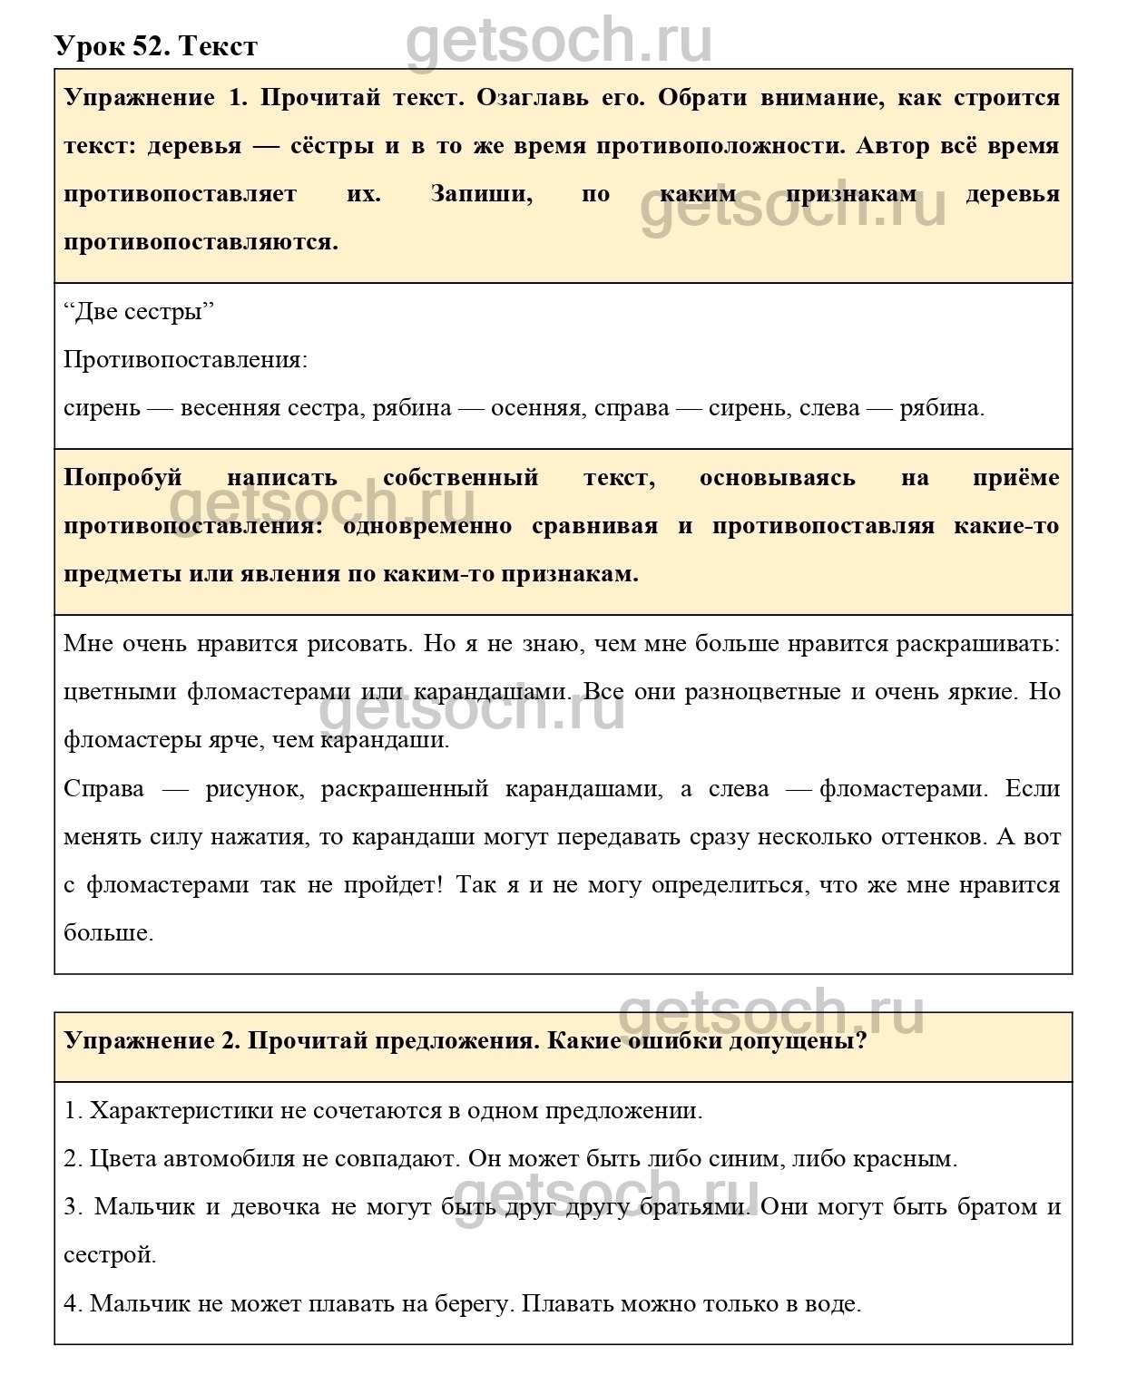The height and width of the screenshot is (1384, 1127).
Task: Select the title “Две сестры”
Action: pyautogui.click(x=139, y=312)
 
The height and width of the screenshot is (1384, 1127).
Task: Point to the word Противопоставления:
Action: pyautogui.click(x=185, y=360)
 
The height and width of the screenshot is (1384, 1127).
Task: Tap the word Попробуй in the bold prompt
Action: pyautogui.click(x=123, y=478)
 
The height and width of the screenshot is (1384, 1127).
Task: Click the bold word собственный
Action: pyautogui.click(x=461, y=478)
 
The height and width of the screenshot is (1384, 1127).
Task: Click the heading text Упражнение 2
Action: pyautogui.click(x=152, y=1040)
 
